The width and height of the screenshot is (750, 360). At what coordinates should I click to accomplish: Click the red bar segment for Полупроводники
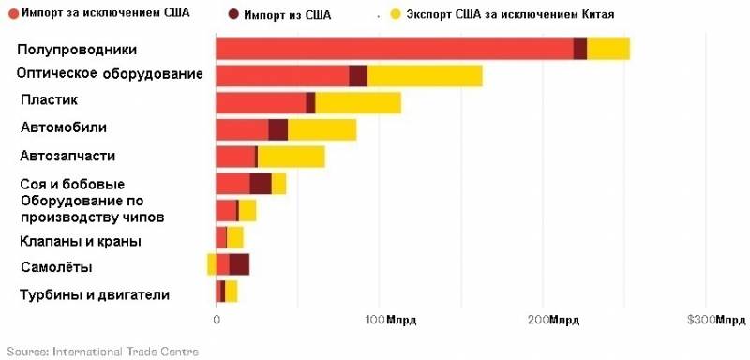(394, 49)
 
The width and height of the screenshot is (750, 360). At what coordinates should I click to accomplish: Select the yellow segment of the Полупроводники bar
(607, 49)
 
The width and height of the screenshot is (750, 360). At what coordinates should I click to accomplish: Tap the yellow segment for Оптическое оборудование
(425, 76)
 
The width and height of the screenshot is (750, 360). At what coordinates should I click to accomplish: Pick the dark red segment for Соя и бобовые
(261, 184)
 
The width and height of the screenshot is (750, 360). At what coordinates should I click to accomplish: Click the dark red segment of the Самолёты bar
(239, 264)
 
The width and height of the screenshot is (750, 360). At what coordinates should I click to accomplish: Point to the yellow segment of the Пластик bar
(358, 103)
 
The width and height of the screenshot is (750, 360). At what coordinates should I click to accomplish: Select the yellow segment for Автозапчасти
(292, 157)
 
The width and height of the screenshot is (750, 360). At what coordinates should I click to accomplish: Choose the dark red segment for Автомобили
(278, 129)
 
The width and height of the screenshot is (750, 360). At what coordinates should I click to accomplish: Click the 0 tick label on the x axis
(217, 321)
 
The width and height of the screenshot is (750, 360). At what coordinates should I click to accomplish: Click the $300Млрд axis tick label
(716, 321)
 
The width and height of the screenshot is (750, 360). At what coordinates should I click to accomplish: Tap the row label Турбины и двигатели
(95, 295)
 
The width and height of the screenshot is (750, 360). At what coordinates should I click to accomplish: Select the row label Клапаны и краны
(81, 241)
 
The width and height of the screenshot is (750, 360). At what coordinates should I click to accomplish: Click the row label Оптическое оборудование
(111, 74)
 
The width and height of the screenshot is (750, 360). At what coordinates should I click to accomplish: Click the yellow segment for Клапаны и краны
(235, 237)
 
